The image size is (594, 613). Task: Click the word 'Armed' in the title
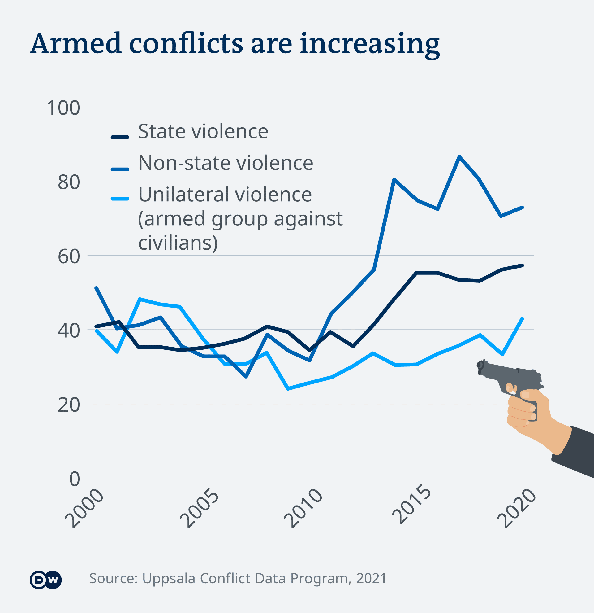[x=76, y=44]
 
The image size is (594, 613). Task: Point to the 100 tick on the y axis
[x=63, y=108]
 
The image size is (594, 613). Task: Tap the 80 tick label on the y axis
[x=69, y=182]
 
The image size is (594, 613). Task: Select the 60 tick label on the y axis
[x=69, y=257]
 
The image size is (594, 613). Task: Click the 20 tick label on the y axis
[x=69, y=405]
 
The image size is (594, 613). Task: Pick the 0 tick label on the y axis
[x=75, y=479]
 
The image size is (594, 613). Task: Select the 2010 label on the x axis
[x=303, y=509]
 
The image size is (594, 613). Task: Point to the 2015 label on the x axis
[x=411, y=504]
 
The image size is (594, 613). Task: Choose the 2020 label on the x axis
[x=516, y=509]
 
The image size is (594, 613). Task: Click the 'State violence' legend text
[x=203, y=131]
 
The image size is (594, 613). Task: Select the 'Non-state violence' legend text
[x=226, y=163]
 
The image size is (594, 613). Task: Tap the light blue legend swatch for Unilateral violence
[x=120, y=199]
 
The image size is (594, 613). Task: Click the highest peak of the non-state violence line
[x=459, y=156]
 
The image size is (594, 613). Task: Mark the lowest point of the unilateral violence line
[x=288, y=389]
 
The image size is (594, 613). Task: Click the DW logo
[x=45, y=580]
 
